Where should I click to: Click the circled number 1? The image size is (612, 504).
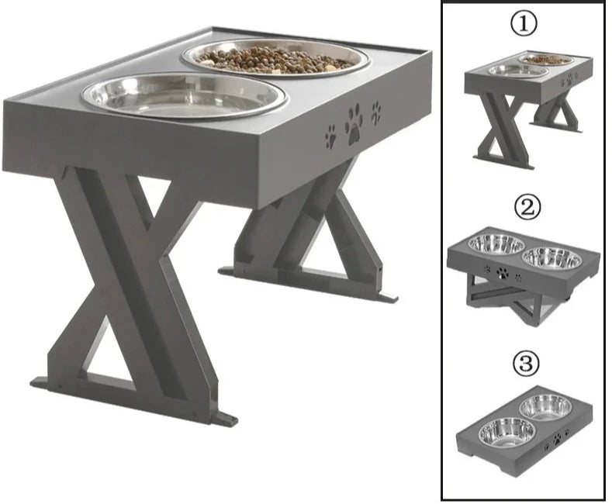point(524,23)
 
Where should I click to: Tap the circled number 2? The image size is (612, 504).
point(527,208)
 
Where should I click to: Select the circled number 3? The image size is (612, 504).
point(526,363)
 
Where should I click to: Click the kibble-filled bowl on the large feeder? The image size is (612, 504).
point(275,57)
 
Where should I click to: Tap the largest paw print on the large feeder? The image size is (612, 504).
point(354,124)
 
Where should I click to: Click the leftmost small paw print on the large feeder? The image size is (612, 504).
point(330,136)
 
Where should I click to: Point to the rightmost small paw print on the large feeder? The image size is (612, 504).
point(376,112)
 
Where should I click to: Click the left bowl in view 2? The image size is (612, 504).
point(496,243)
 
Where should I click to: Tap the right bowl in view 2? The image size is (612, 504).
point(552,257)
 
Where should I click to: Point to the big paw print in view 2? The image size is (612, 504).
point(503,273)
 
